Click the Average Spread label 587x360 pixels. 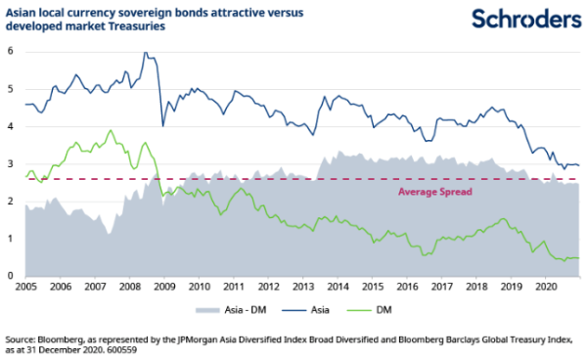437,192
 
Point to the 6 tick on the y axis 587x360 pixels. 11,51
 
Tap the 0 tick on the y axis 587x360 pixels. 11,276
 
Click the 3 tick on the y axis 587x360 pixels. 11,163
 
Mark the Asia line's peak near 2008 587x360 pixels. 146,53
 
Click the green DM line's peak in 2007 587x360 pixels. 111,130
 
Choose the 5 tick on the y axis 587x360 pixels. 11,89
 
